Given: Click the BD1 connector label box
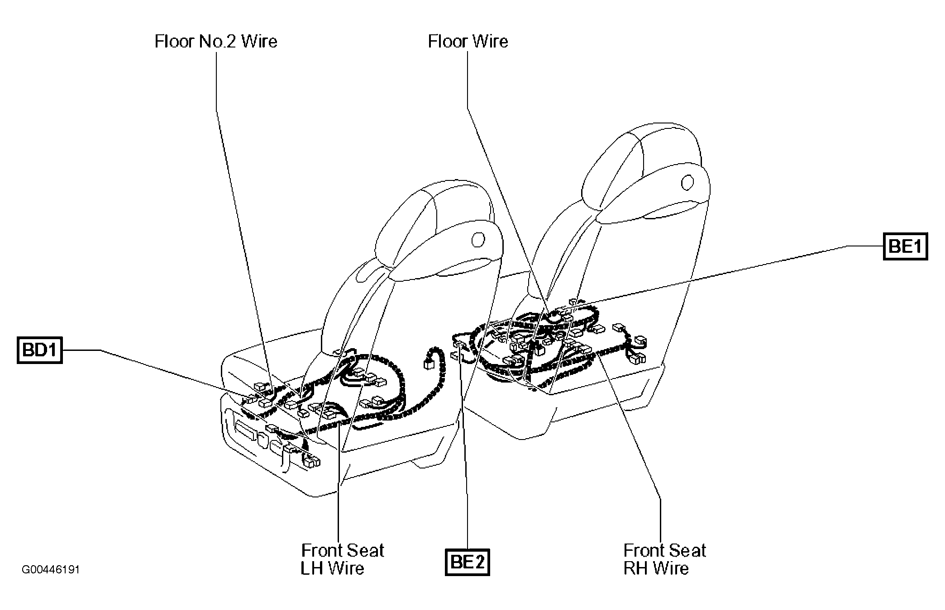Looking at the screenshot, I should point(39,350).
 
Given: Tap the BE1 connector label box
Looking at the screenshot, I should point(905,246).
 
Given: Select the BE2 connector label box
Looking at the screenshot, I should point(467,562).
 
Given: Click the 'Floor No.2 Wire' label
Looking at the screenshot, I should point(216,42).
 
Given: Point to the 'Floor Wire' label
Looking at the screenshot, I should point(468,42).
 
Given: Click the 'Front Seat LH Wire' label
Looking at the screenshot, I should point(342,559).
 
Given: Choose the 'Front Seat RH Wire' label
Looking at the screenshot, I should point(664,559).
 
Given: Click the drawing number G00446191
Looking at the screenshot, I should point(51,569).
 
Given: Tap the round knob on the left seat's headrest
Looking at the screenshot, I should point(477,239).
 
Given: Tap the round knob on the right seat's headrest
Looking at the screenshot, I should point(687,182).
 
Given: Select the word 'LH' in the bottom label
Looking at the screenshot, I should point(311,568).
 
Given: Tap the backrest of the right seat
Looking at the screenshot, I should point(634,271).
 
